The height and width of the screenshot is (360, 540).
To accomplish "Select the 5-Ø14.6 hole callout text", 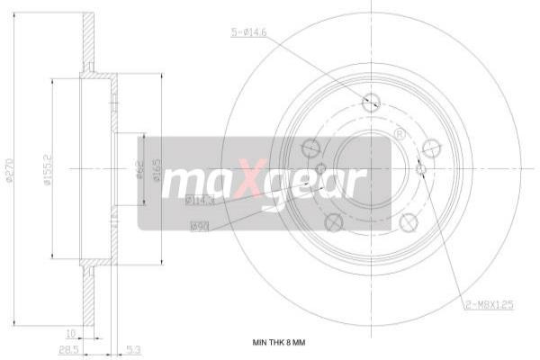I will (249, 33).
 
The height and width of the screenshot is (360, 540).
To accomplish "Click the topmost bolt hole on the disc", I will (370, 103).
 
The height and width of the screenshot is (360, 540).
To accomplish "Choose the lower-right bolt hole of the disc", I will (408, 220).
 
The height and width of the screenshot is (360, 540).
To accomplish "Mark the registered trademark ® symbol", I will (399, 134).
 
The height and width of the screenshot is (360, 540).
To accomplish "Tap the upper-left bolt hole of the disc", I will (310, 147).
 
